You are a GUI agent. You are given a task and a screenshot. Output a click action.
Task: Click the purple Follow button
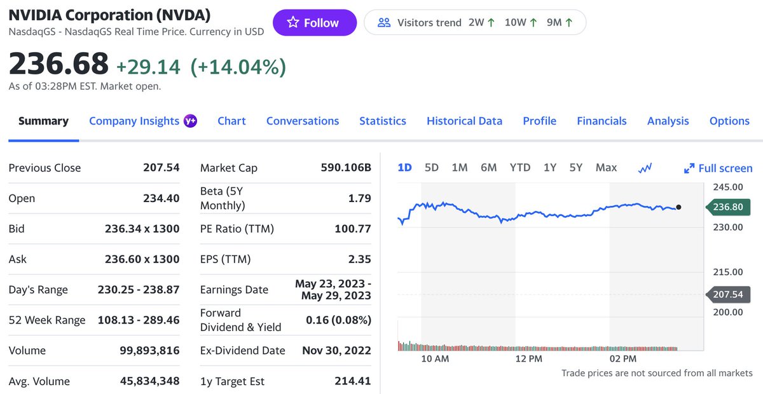point(315,23)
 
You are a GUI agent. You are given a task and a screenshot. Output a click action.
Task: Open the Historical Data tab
point(464,121)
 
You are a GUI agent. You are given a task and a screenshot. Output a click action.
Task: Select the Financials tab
point(601,121)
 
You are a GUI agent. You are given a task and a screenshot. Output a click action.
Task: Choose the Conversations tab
point(303,121)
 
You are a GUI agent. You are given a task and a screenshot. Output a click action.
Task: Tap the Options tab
point(729,121)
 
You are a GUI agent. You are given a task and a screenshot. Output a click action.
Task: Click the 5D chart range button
point(432,168)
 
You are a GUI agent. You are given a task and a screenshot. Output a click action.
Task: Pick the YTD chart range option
point(520,168)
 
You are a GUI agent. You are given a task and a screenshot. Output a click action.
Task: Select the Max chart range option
point(606,168)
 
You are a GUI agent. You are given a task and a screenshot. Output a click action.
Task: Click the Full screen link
point(718,168)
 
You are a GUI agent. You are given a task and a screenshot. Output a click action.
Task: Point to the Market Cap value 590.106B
point(346,168)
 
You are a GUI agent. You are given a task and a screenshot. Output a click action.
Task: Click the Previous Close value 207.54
point(162,168)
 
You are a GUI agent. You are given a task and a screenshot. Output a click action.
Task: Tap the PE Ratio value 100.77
point(353,229)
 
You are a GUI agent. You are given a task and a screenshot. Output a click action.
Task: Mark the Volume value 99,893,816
point(150,351)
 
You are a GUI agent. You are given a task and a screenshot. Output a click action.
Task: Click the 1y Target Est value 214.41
point(353,381)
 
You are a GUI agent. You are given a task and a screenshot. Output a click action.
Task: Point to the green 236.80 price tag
point(729,207)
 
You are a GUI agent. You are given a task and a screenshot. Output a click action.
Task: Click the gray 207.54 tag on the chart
point(729,295)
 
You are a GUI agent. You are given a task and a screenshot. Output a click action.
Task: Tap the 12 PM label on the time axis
point(529,359)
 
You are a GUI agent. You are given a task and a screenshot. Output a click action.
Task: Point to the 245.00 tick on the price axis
point(728,187)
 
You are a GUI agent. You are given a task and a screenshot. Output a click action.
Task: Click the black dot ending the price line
point(679,207)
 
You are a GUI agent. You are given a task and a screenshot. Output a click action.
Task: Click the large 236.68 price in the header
point(58,65)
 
